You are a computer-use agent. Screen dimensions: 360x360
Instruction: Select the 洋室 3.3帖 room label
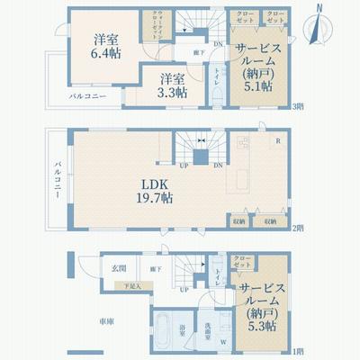click(x=168, y=86)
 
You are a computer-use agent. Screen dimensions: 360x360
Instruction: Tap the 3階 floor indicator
click(x=296, y=106)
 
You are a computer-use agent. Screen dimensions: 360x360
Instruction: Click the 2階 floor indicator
click(x=296, y=229)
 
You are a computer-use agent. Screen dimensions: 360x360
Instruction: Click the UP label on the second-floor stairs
click(x=184, y=165)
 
